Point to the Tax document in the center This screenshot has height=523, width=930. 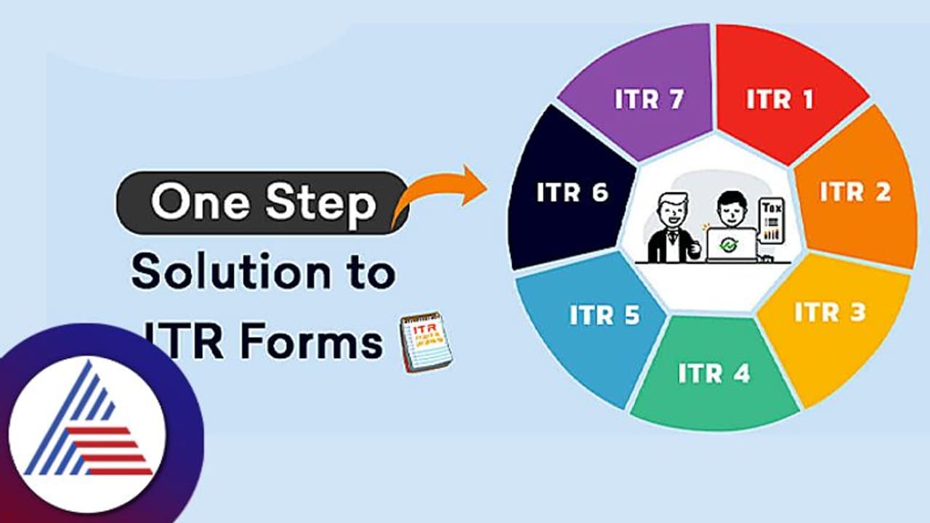771,222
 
